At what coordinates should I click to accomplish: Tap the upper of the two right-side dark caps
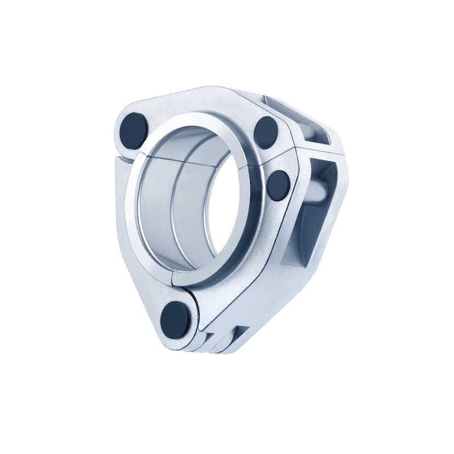(266, 132)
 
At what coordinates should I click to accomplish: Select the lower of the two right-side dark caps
(278, 185)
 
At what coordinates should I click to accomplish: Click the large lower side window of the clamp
(313, 219)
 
